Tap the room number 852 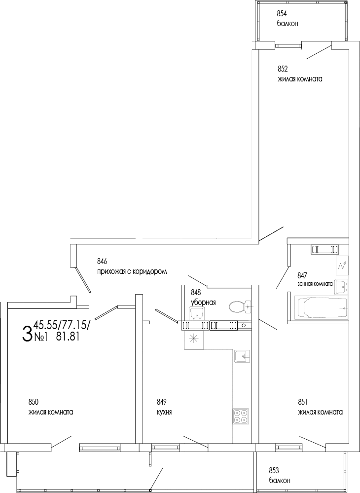pyautogui.click(x=283, y=69)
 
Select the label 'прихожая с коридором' pyautogui.click(x=133, y=271)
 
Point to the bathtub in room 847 pyautogui.click(x=321, y=308)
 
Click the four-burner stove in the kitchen pyautogui.click(x=241, y=416)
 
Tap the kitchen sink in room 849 pyautogui.click(x=242, y=356)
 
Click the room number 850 pyautogui.click(x=34, y=402)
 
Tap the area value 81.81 pyautogui.click(x=68, y=337)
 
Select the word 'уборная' pyautogui.click(x=203, y=303)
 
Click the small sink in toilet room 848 pyautogui.click(x=197, y=313)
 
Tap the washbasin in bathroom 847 pyautogui.click(x=341, y=285)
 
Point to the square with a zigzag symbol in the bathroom pyautogui.click(x=342, y=265)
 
